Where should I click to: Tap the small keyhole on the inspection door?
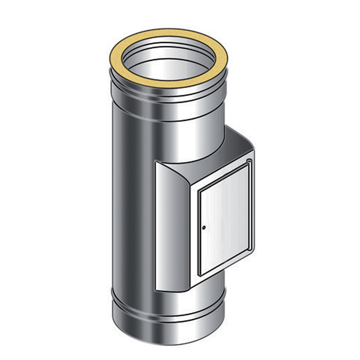204,228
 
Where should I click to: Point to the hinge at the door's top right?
248,162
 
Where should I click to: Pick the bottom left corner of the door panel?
200,275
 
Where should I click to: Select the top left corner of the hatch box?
156,163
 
